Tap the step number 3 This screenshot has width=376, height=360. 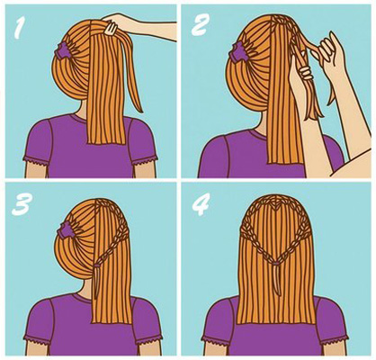click(22, 204)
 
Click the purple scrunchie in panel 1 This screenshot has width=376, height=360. click(62, 50)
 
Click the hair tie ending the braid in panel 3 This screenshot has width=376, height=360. click(96, 265)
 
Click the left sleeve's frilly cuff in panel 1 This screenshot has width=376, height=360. click(37, 162)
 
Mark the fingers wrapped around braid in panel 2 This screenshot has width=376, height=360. click(305, 73)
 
